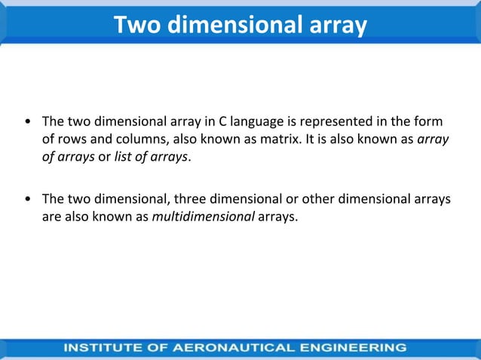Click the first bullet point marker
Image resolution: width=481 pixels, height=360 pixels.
28,121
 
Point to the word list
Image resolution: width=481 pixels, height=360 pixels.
124,157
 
